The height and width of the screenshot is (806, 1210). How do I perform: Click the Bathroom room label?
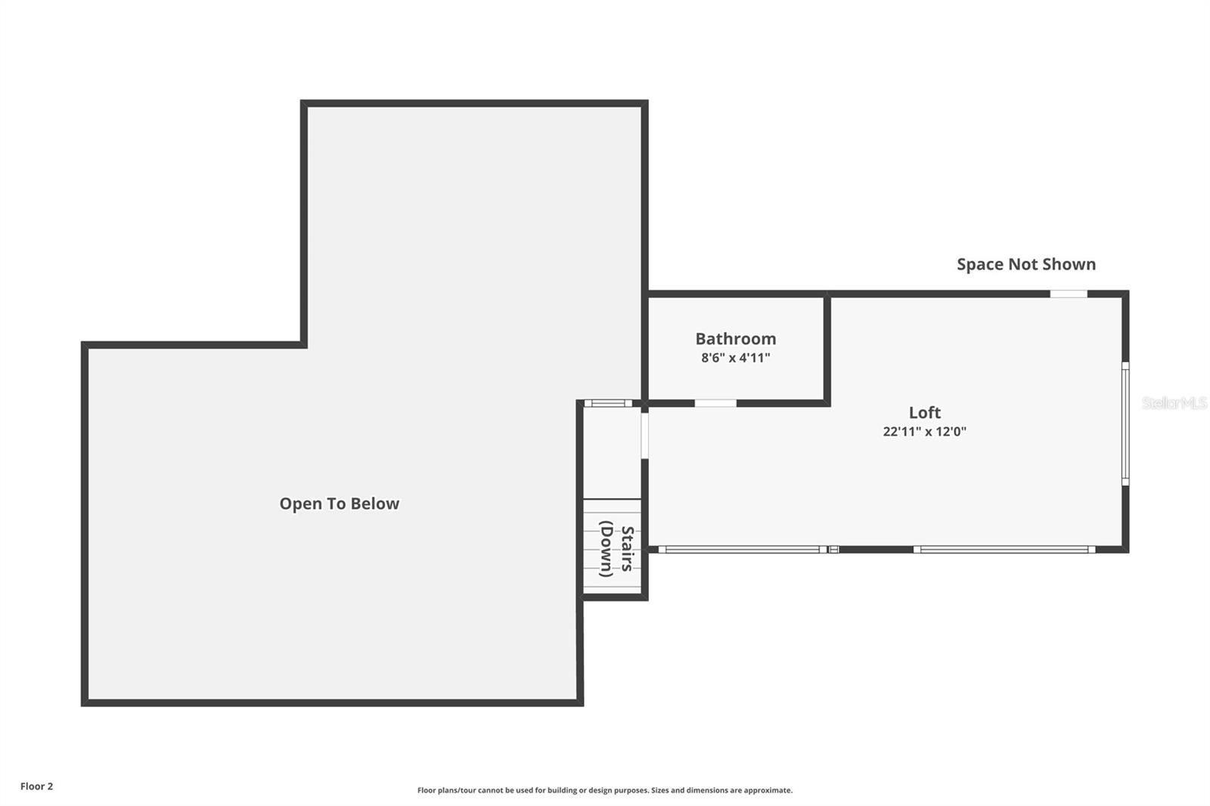(x=735, y=339)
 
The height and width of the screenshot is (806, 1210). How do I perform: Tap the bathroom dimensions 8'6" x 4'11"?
(x=735, y=358)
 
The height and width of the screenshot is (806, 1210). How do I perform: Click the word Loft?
(x=924, y=412)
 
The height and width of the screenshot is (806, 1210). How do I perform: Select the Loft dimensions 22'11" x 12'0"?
(x=924, y=432)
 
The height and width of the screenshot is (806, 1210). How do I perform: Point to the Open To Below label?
(x=339, y=504)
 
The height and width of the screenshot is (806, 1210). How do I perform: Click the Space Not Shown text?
(x=1025, y=264)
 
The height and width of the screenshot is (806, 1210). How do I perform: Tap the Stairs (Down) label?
(x=616, y=551)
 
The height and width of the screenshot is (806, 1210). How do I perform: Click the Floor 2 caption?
(x=36, y=786)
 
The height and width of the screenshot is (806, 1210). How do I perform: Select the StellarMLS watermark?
(x=1174, y=403)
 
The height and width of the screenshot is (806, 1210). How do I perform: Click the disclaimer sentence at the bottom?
(x=604, y=790)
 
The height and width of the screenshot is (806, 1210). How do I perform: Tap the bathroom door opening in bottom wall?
(x=715, y=403)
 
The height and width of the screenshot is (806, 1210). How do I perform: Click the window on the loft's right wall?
(x=1125, y=423)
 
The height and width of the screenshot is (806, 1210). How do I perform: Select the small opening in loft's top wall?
(x=1068, y=293)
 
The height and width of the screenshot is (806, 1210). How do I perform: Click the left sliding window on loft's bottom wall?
(x=742, y=550)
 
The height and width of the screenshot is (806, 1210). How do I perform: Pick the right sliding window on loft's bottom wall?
(x=1004, y=550)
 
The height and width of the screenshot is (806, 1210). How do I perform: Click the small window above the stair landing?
(x=607, y=403)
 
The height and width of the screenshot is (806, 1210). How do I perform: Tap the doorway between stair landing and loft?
(x=644, y=434)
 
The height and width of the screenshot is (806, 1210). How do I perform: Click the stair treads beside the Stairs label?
(x=590, y=548)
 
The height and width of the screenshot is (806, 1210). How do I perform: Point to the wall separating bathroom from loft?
(x=827, y=348)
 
